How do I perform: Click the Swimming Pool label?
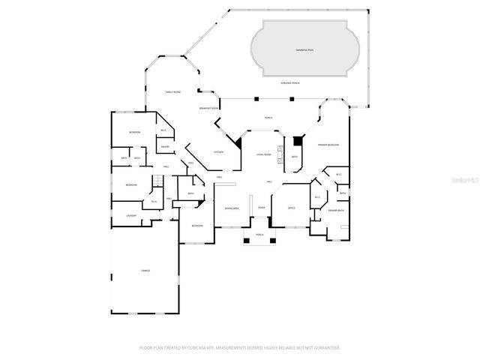304,49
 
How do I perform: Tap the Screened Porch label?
290,82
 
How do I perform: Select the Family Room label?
174,91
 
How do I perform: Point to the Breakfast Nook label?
208,109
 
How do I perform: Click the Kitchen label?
218,151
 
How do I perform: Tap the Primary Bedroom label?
328,144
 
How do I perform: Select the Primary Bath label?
335,211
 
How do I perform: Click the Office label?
291,208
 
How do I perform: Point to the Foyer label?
262,208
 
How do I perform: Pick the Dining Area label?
232,208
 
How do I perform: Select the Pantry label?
164,147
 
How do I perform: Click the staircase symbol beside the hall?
157,181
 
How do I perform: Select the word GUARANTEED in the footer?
325,348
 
